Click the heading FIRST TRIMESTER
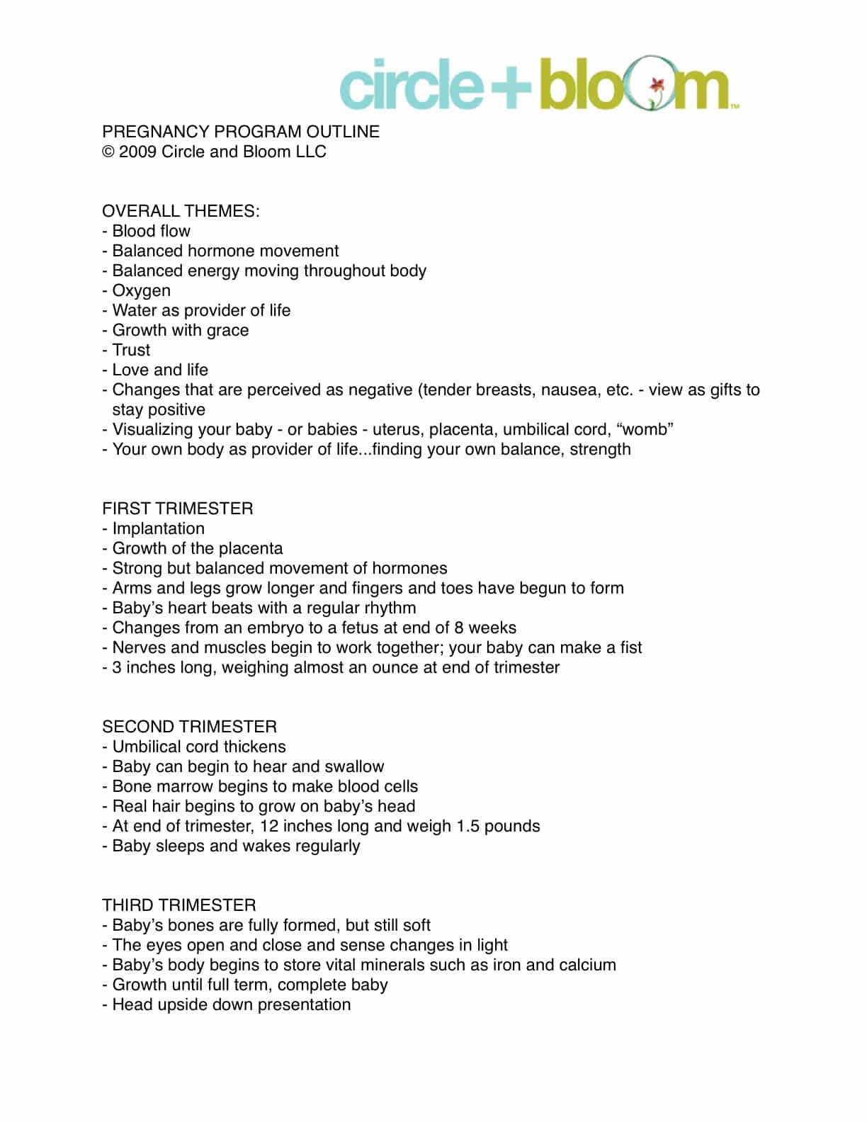tap(177, 509)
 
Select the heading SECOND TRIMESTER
tap(189, 727)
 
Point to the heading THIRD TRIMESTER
tap(178, 905)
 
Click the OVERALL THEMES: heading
tap(181, 211)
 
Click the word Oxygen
tap(141, 290)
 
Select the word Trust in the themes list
tap(131, 350)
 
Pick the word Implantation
tap(158, 528)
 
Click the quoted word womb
tap(645, 429)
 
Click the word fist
tap(630, 647)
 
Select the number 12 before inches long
tap(269, 826)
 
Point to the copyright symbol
tap(108, 152)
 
